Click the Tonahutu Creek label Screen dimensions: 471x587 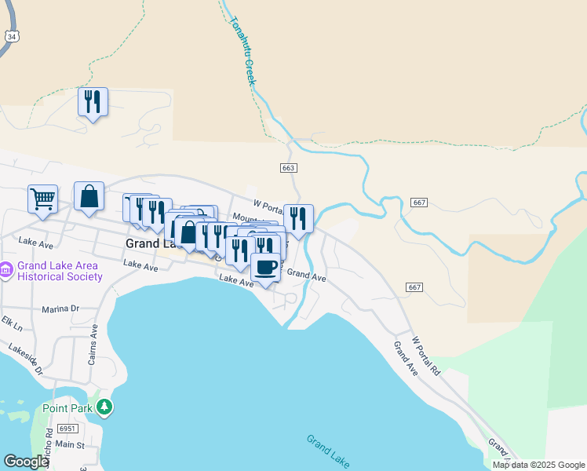[x=242, y=51]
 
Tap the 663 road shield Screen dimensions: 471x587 [x=288, y=168]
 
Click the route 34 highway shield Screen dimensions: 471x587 [x=11, y=36]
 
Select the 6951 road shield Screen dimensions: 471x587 [x=68, y=428]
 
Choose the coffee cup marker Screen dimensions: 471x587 [x=265, y=268]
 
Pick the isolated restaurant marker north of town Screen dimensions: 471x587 [x=93, y=102]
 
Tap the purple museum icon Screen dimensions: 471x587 [x=6, y=271]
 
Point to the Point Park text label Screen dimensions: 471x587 [x=67, y=407]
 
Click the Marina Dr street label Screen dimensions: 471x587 [x=61, y=309]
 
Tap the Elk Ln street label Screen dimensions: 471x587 [x=12, y=323]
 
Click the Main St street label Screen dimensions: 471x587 [x=69, y=445]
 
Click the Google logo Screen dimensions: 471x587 [x=26, y=462]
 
